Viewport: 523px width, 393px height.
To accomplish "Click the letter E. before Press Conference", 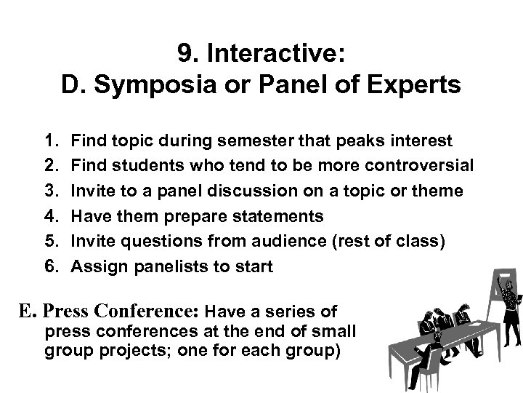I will coord(28,312).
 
